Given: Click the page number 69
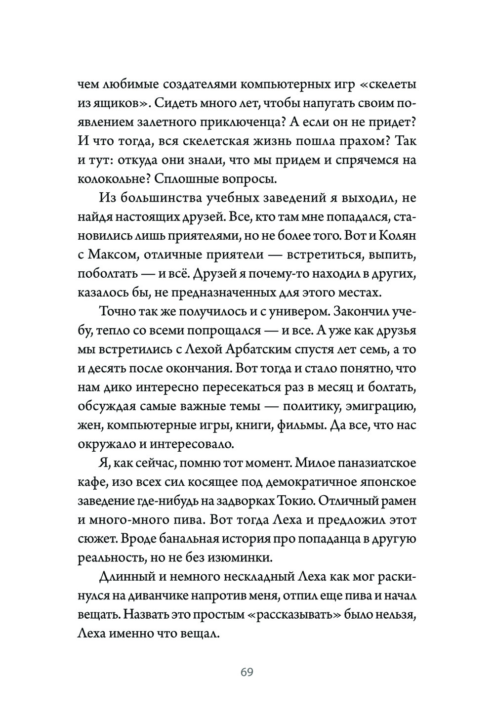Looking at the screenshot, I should (247, 672).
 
